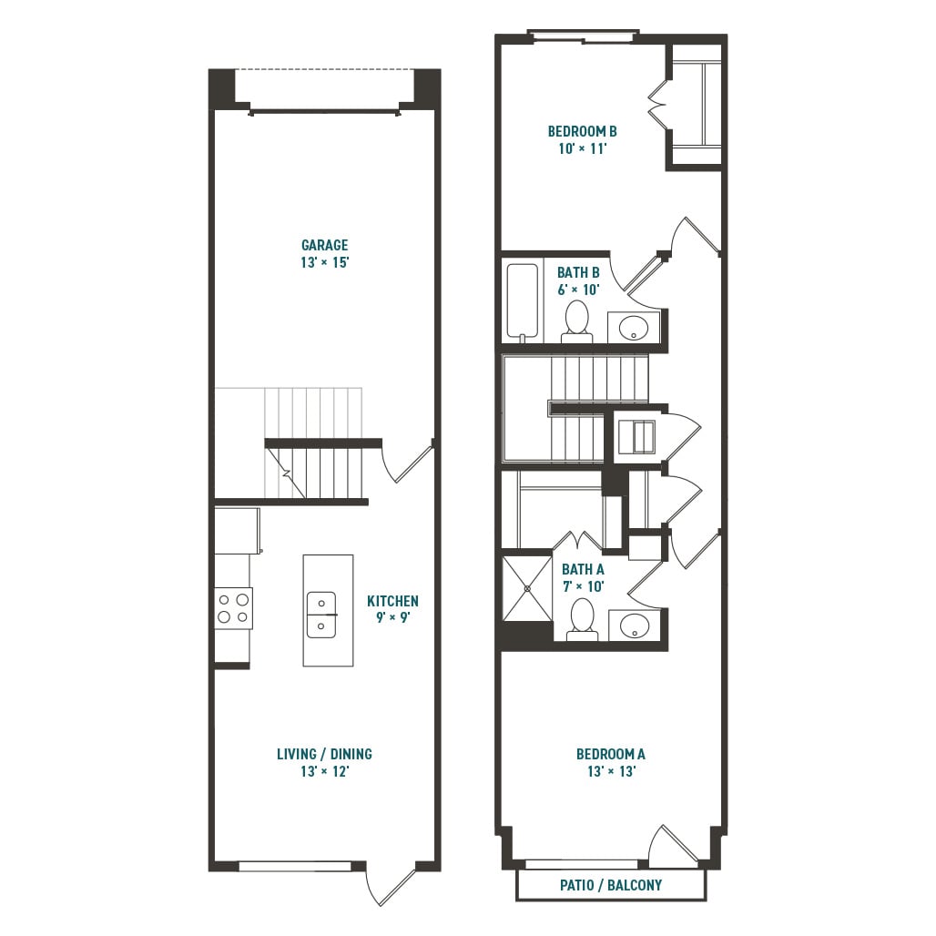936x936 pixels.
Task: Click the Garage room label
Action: (325, 245)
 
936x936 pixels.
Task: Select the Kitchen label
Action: (392, 601)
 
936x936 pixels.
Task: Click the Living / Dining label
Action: (324, 754)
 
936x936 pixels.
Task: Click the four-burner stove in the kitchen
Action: (233, 608)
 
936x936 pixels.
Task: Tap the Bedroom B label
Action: (582, 131)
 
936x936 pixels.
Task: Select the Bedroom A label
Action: (610, 754)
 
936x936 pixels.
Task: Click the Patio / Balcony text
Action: (610, 885)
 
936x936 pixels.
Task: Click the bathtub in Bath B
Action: (523, 302)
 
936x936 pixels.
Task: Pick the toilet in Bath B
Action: (576, 321)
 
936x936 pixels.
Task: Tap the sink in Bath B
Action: (634, 326)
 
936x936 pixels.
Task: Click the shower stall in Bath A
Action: (526, 588)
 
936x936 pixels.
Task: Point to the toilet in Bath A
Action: (582, 619)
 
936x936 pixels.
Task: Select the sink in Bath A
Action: (634, 626)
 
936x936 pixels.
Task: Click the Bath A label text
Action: (583, 570)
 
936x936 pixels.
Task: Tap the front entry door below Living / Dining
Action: (390, 883)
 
